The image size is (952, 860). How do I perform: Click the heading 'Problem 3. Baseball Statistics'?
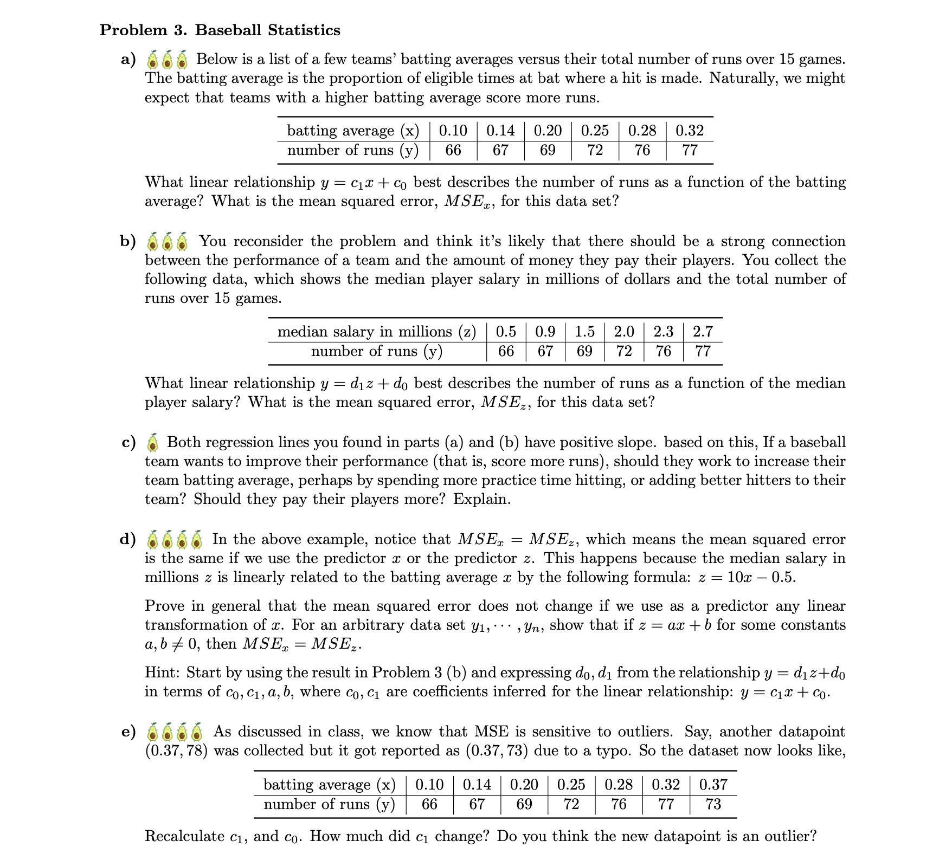(220, 30)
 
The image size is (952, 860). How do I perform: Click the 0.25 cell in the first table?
(595, 131)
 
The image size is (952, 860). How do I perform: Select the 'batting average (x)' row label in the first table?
(353, 131)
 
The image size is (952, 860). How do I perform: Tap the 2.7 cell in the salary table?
(703, 332)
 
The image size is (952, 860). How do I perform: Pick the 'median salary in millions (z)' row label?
(377, 332)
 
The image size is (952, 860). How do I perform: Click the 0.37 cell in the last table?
(713, 785)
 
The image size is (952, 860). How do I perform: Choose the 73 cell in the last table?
(713, 804)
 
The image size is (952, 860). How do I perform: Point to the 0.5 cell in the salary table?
(506, 332)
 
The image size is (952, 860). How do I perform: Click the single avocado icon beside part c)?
(154, 443)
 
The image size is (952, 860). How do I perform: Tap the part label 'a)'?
(128, 60)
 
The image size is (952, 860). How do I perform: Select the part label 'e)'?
(128, 732)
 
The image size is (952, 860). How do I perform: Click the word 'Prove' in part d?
(166, 606)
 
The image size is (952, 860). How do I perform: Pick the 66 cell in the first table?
(453, 150)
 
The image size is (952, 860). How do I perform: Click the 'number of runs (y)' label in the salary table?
(377, 351)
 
